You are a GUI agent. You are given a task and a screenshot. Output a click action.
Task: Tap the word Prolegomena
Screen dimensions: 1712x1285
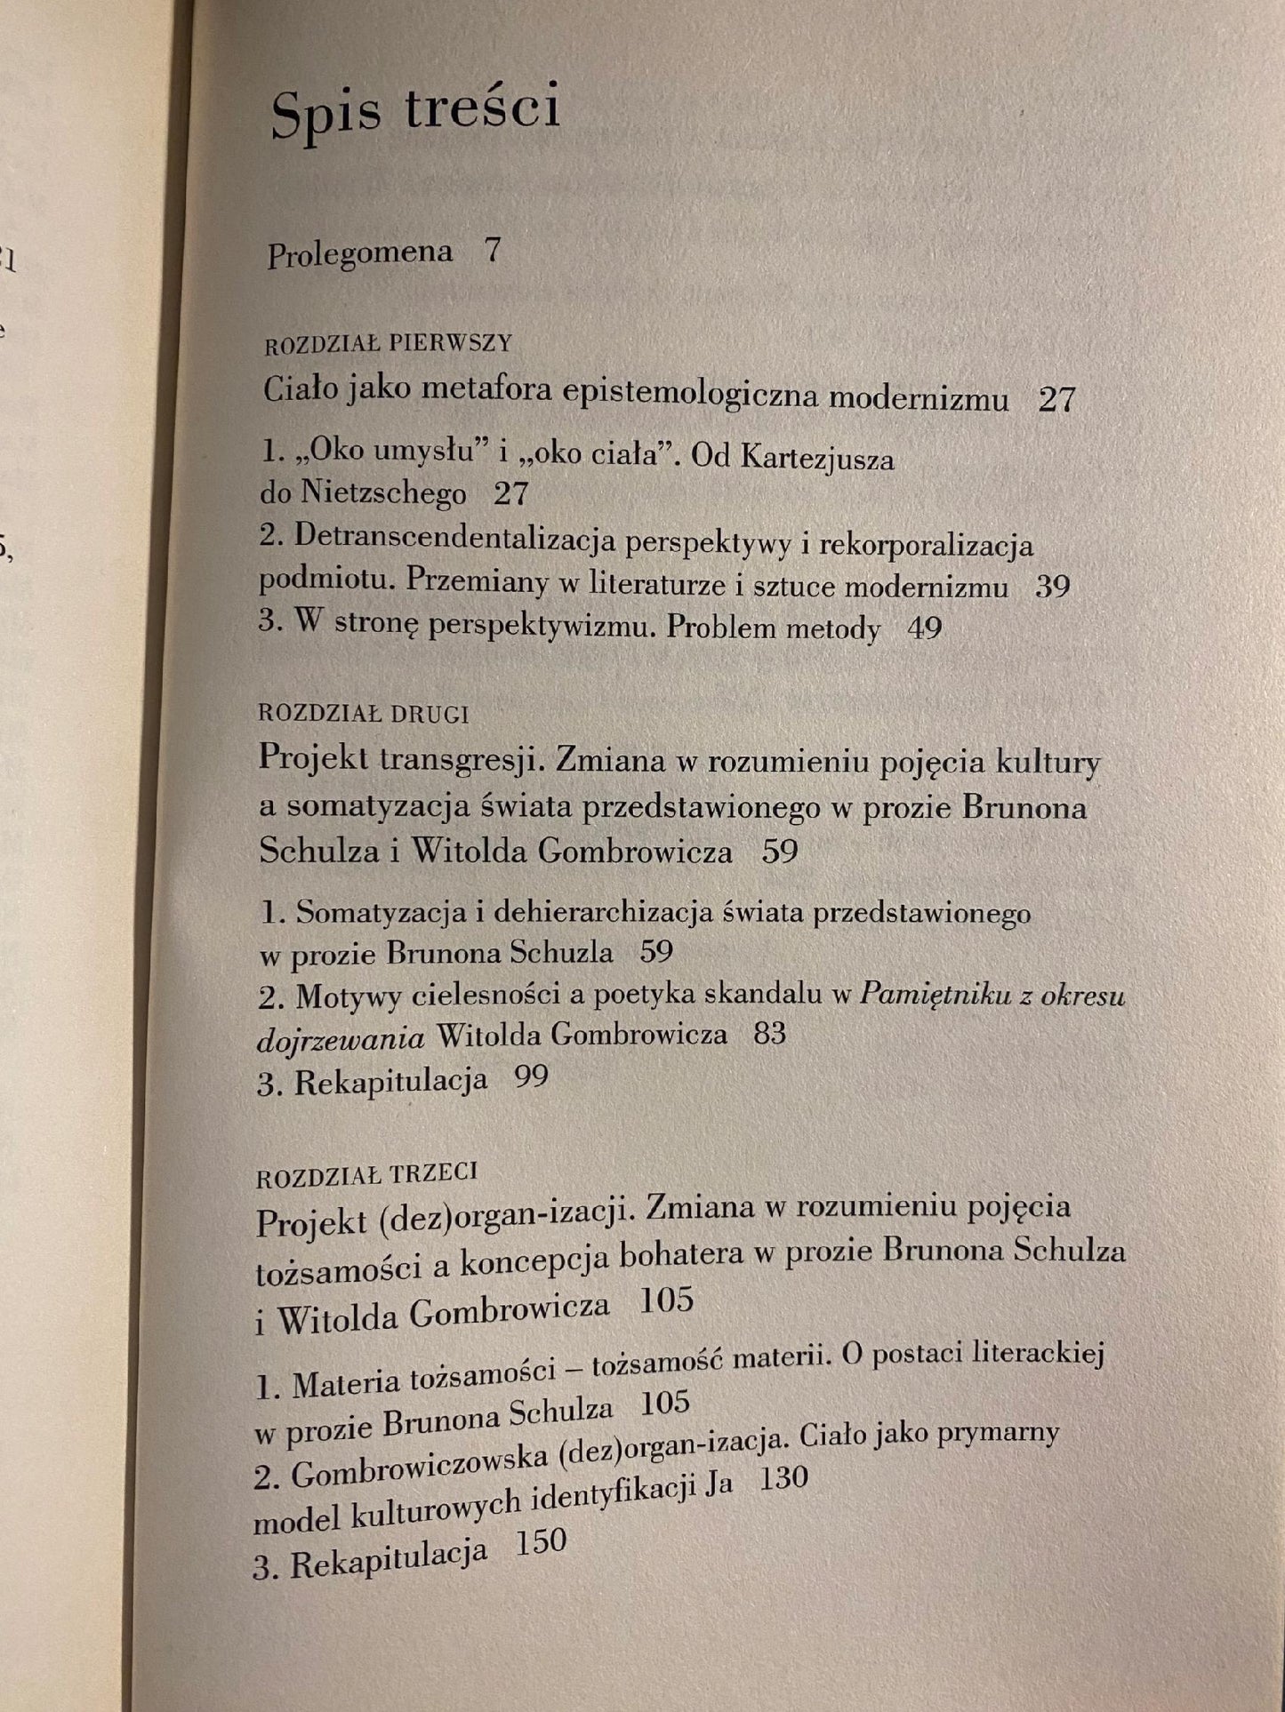(359, 255)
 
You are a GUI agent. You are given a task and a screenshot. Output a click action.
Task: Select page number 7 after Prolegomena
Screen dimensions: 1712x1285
(493, 252)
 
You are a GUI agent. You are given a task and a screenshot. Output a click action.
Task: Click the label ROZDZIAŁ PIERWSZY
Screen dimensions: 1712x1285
(388, 343)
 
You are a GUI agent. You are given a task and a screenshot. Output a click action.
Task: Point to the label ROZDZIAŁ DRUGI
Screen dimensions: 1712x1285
(363, 713)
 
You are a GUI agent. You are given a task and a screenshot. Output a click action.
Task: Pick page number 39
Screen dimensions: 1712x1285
(1052, 587)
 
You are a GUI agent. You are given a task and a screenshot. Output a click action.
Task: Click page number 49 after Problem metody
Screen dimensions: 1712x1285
(924, 628)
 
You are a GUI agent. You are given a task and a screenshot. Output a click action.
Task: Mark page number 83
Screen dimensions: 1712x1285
(769, 1034)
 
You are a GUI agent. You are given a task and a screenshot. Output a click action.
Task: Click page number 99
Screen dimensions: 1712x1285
(531, 1078)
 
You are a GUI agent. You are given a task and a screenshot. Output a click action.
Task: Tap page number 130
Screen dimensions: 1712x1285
(783, 1478)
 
